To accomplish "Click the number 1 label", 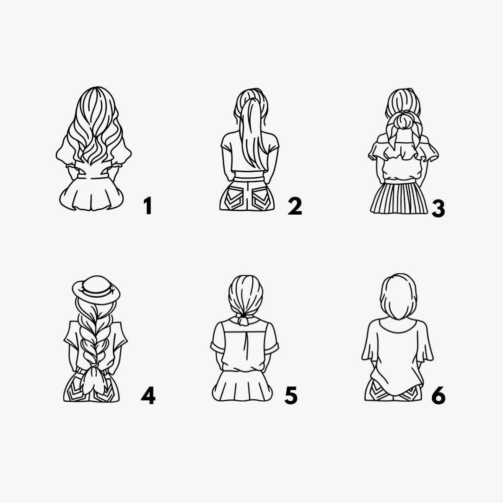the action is (148, 206).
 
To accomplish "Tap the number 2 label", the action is (295, 206).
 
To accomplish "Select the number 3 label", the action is (438, 209).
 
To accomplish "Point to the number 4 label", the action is (148, 395).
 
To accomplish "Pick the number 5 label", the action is (291, 395).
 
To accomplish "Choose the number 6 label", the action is (438, 395).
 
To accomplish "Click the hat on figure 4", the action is (96, 290).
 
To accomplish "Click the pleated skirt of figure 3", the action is (399, 198).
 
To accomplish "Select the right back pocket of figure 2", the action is (261, 200).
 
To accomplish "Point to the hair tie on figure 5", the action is (243, 316).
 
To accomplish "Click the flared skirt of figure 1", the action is (91, 194).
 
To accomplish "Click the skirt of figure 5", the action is (243, 386).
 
